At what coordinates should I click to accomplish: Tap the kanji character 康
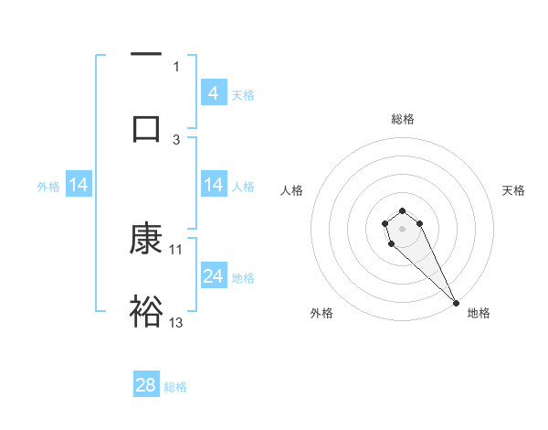pyautogui.click(x=146, y=240)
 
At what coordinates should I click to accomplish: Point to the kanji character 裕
pyautogui.click(x=146, y=311)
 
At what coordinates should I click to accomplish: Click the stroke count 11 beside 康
pyautogui.click(x=176, y=249)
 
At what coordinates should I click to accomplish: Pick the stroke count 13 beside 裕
pyautogui.click(x=176, y=322)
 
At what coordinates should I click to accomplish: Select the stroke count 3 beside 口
pyautogui.click(x=176, y=138)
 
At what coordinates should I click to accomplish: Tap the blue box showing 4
pyautogui.click(x=214, y=92)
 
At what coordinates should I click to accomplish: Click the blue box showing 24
pyautogui.click(x=214, y=276)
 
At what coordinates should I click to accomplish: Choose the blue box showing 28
pyautogui.click(x=146, y=385)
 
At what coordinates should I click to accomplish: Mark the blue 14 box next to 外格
pyautogui.click(x=79, y=186)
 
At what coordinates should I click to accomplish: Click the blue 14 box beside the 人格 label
pyautogui.click(x=214, y=186)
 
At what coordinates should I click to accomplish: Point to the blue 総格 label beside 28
pyautogui.click(x=175, y=387)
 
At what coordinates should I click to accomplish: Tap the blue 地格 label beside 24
pyautogui.click(x=243, y=278)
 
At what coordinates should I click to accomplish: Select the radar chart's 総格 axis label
pyautogui.click(x=403, y=119)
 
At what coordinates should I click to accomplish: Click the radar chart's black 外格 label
pyautogui.click(x=321, y=313)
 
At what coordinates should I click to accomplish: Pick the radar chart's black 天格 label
pyautogui.click(x=513, y=190)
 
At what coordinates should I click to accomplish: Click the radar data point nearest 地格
pyautogui.click(x=456, y=302)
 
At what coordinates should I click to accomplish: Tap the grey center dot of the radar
pyautogui.click(x=402, y=227)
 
